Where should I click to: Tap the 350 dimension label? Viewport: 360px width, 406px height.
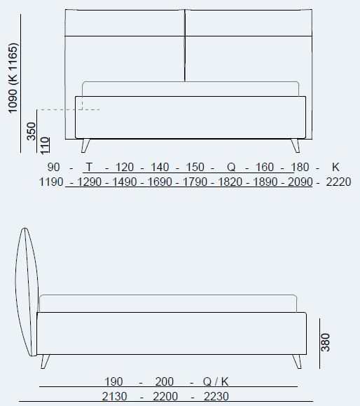pyautogui.click(x=32, y=131)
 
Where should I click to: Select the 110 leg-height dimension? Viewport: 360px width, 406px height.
pyautogui.click(x=45, y=144)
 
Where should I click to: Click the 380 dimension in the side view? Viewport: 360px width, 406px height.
pyautogui.click(x=326, y=341)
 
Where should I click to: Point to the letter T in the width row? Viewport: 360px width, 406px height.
pyautogui.click(x=89, y=167)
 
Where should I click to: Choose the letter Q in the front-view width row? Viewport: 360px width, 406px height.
pyautogui.click(x=231, y=167)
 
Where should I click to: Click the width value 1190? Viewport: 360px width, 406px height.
pyautogui.click(x=52, y=182)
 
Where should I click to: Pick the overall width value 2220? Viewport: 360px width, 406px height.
pyautogui.click(x=339, y=182)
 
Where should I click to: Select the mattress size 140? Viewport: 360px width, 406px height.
pyautogui.click(x=160, y=167)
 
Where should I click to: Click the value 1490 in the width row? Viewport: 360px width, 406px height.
pyautogui.click(x=125, y=182)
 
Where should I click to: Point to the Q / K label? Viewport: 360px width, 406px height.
pyautogui.click(x=215, y=381)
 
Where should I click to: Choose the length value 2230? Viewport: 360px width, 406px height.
pyautogui.click(x=215, y=397)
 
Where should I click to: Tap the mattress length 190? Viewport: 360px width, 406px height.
pyautogui.click(x=113, y=381)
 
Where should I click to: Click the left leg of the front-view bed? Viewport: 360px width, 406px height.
pyautogui.click(x=86, y=145)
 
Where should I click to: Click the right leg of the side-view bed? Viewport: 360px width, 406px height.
pyautogui.click(x=297, y=361)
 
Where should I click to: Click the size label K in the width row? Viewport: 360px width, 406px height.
pyautogui.click(x=335, y=167)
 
